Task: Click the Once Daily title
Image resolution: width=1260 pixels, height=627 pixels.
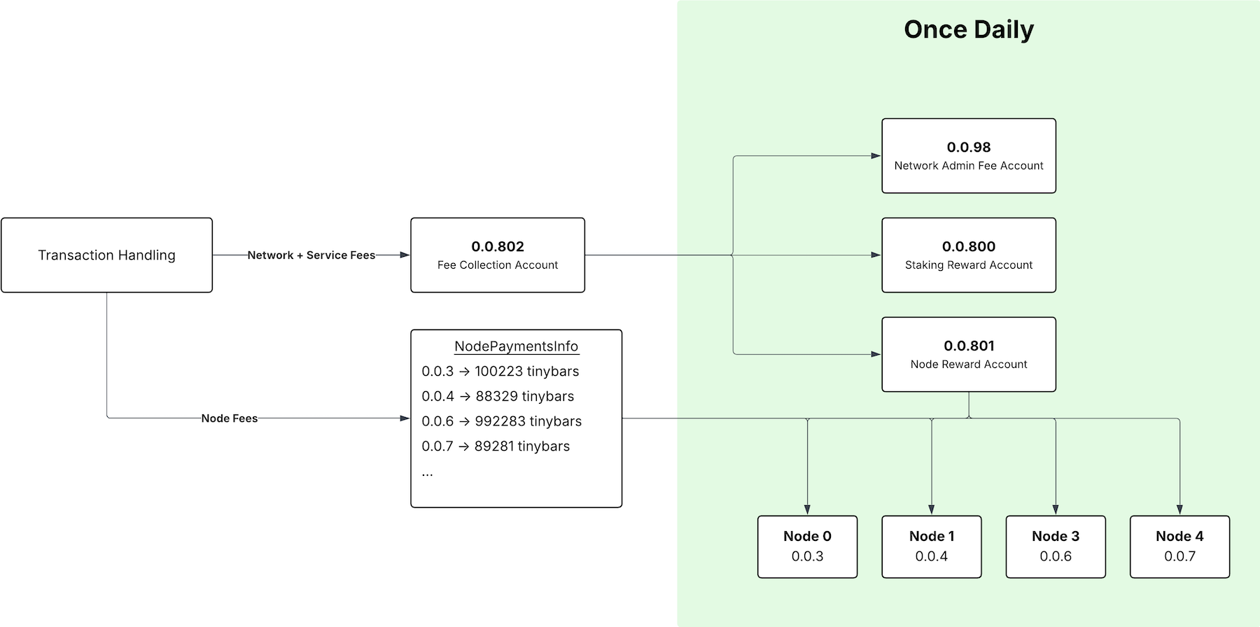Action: click(968, 29)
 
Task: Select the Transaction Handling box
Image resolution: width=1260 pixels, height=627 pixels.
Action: click(106, 255)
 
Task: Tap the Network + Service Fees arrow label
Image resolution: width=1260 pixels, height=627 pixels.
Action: click(311, 255)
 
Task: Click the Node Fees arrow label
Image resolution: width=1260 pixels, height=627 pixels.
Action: click(229, 418)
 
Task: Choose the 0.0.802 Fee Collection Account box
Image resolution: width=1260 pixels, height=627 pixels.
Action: click(497, 255)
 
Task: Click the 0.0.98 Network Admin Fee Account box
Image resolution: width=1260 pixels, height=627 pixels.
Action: click(968, 155)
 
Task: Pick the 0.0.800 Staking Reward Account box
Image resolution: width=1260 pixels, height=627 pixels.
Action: click(968, 255)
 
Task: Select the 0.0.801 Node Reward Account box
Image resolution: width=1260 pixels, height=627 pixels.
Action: click(968, 354)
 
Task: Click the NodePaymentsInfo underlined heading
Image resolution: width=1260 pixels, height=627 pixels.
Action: click(516, 346)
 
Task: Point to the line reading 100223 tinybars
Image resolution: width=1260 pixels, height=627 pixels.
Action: click(500, 372)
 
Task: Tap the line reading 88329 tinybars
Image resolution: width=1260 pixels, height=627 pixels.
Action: click(497, 397)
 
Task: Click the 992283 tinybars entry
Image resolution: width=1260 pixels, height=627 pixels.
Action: click(501, 421)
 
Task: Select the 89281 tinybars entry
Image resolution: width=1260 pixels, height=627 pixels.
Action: click(495, 446)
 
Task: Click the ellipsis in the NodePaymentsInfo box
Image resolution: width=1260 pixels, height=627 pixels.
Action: click(427, 473)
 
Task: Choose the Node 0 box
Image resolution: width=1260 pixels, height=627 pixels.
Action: click(807, 547)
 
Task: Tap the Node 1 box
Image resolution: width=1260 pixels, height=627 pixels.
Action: click(931, 547)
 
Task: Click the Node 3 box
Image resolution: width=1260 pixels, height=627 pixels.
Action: click(1055, 547)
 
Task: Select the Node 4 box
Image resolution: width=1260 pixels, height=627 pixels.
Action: click(1179, 547)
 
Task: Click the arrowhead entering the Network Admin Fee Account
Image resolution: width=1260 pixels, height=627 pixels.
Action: click(876, 155)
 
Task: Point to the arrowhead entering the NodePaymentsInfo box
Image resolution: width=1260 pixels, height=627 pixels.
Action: click(405, 418)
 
